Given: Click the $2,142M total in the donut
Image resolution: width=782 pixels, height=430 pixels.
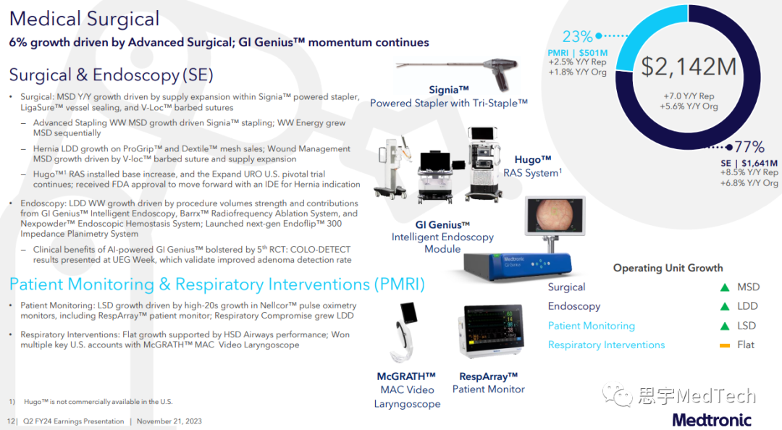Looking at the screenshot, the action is [x=689, y=67].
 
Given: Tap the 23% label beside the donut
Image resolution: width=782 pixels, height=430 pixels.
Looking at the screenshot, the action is [x=577, y=36].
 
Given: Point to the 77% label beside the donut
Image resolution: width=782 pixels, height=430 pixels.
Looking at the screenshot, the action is [x=749, y=147].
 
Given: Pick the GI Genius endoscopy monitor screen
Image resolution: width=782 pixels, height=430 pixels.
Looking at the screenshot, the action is [x=555, y=216].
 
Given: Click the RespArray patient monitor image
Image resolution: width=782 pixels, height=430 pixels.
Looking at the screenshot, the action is [x=491, y=330].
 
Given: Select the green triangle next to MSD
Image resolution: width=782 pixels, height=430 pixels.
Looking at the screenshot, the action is [x=725, y=287].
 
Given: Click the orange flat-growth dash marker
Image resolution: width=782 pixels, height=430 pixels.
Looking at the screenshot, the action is [x=725, y=345].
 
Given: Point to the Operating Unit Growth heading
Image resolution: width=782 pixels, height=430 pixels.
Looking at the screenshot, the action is [x=668, y=268].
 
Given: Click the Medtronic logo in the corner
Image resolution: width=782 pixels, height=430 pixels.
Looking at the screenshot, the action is [x=712, y=420].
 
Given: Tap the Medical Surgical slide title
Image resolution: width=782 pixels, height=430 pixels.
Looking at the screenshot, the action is [x=84, y=19].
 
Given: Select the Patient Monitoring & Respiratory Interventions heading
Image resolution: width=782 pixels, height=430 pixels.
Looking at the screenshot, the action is [x=217, y=284].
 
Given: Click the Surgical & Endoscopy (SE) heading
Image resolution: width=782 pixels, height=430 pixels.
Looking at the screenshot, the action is [x=112, y=75].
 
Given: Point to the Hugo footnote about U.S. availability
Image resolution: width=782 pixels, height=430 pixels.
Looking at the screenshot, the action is [x=91, y=402].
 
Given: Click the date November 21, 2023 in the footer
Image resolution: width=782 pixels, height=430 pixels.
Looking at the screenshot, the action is [x=169, y=421].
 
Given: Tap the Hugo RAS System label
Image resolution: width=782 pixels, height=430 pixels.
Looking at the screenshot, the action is [x=533, y=166].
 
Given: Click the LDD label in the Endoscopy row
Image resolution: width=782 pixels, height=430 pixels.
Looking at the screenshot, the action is [x=747, y=306].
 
